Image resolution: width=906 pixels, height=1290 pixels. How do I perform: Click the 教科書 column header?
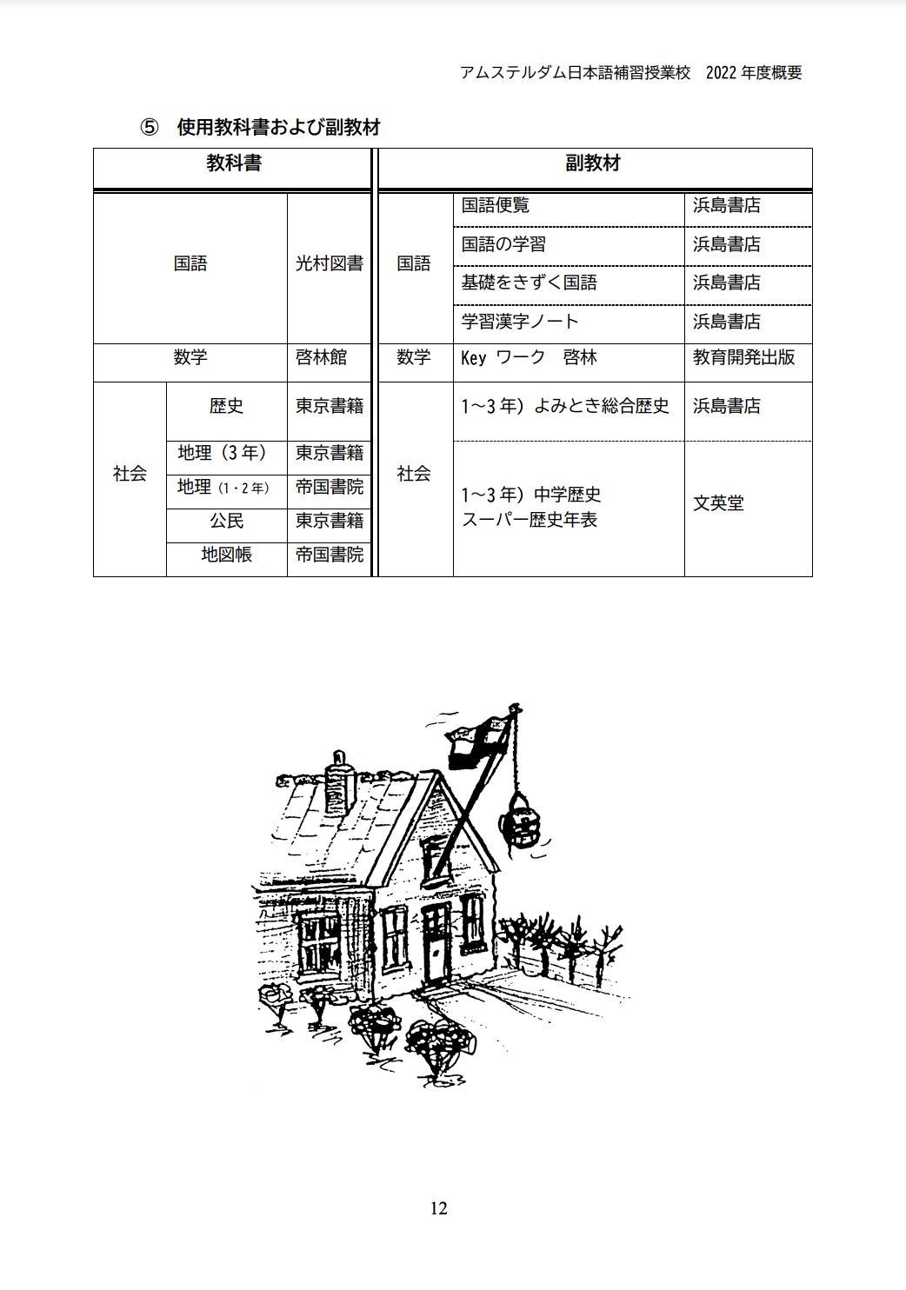[234, 163]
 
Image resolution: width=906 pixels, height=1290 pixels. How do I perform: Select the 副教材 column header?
[593, 163]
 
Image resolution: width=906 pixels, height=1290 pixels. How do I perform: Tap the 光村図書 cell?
[330, 263]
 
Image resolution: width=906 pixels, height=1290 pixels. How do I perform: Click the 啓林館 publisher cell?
[322, 357]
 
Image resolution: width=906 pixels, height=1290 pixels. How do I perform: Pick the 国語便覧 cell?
[496, 205]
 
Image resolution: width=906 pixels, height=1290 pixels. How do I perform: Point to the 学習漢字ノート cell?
[520, 322]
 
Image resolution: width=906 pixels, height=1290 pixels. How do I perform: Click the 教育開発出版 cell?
[743, 357]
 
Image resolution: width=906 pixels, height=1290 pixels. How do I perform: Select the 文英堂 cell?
[718, 503]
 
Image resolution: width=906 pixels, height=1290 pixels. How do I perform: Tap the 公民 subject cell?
[226, 521]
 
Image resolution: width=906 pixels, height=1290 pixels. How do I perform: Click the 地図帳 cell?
[226, 555]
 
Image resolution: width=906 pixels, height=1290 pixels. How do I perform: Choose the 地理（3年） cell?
[223, 453]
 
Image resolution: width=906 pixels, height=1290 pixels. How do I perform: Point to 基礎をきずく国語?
[529, 283]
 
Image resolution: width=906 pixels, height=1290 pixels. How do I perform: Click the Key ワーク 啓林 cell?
[529, 357]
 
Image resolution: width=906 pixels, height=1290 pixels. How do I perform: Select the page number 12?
[439, 1208]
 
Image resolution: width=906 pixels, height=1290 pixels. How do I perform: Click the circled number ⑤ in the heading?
[150, 127]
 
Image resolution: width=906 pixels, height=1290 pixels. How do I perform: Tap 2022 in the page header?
[721, 72]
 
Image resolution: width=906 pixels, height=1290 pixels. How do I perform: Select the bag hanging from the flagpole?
[521, 821]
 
